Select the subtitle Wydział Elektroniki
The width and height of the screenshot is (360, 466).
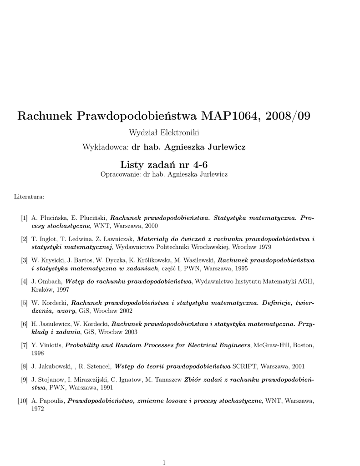click(164, 132)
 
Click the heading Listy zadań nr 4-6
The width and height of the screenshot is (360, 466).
click(164, 164)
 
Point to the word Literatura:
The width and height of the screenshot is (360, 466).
click(29, 197)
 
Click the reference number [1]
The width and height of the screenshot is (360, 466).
click(24, 218)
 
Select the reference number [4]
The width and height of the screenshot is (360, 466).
click(24, 281)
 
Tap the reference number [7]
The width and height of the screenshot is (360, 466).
click(24, 345)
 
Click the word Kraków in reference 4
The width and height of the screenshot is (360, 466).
click(42, 289)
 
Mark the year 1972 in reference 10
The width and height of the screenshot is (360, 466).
click(38, 409)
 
